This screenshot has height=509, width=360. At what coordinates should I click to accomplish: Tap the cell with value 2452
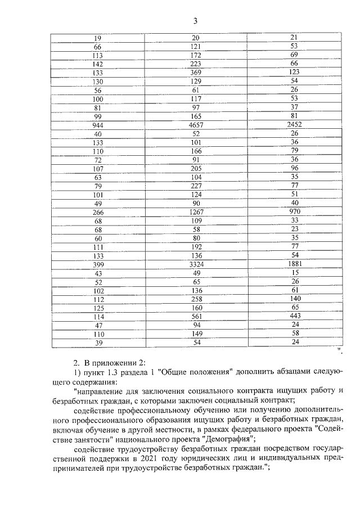tap(294, 125)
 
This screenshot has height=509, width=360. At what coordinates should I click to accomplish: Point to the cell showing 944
tap(97, 125)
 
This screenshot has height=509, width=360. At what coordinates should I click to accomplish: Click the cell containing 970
tap(294, 212)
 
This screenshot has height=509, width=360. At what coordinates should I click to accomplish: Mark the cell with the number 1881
tap(294, 264)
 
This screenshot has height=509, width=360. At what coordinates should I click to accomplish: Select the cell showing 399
tap(97, 264)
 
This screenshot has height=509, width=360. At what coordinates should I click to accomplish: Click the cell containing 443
tap(294, 317)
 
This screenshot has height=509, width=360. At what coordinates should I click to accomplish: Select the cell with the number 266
tap(97, 212)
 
